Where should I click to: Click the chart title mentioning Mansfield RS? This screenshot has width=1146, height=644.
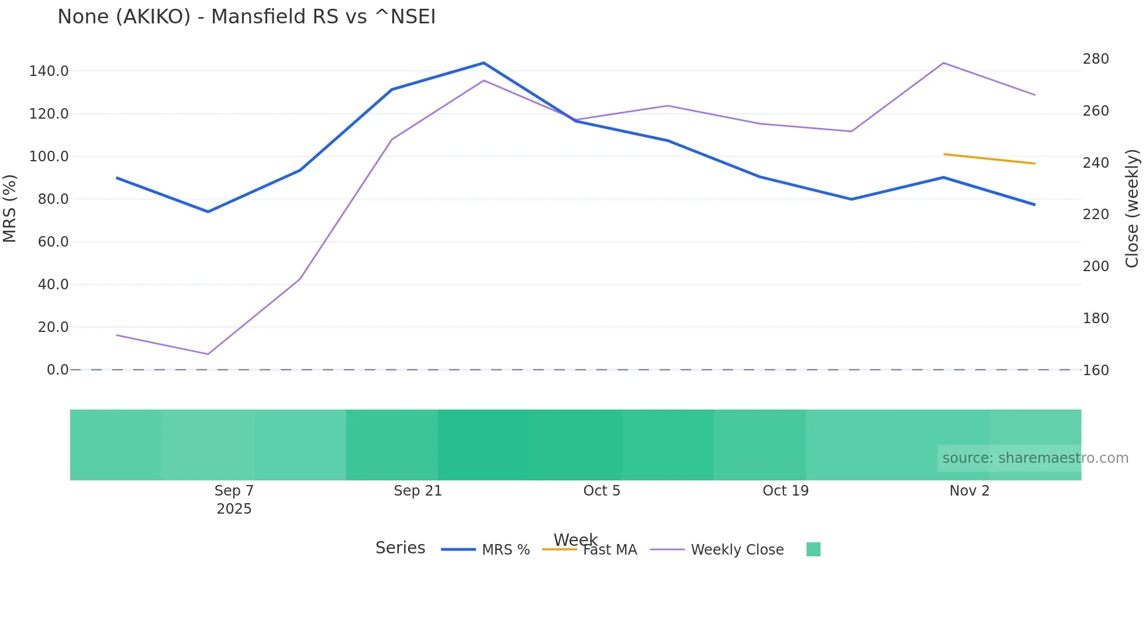(246, 17)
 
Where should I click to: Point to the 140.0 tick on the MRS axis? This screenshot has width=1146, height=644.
(49, 71)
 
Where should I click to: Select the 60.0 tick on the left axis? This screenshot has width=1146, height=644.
(53, 242)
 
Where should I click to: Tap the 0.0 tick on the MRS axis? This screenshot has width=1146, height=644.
(57, 370)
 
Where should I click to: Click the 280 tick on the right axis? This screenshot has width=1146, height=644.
(1096, 59)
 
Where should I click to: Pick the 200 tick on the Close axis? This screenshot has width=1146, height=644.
(1096, 266)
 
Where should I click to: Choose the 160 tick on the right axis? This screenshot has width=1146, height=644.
(1096, 371)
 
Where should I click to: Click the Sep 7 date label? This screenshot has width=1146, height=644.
(234, 491)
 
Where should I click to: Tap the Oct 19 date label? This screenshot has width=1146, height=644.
(785, 491)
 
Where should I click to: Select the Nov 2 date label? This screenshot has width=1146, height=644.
(969, 491)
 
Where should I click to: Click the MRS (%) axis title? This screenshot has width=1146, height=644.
(9, 209)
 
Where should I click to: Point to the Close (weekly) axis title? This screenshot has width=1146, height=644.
(1132, 209)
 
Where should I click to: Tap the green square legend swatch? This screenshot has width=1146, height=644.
(813, 549)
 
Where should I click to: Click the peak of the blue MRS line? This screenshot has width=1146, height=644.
(484, 63)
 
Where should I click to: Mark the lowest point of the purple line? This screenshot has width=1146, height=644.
(208, 354)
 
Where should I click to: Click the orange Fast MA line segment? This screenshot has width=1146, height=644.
(989, 159)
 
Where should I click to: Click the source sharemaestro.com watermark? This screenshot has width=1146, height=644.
(1035, 458)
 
